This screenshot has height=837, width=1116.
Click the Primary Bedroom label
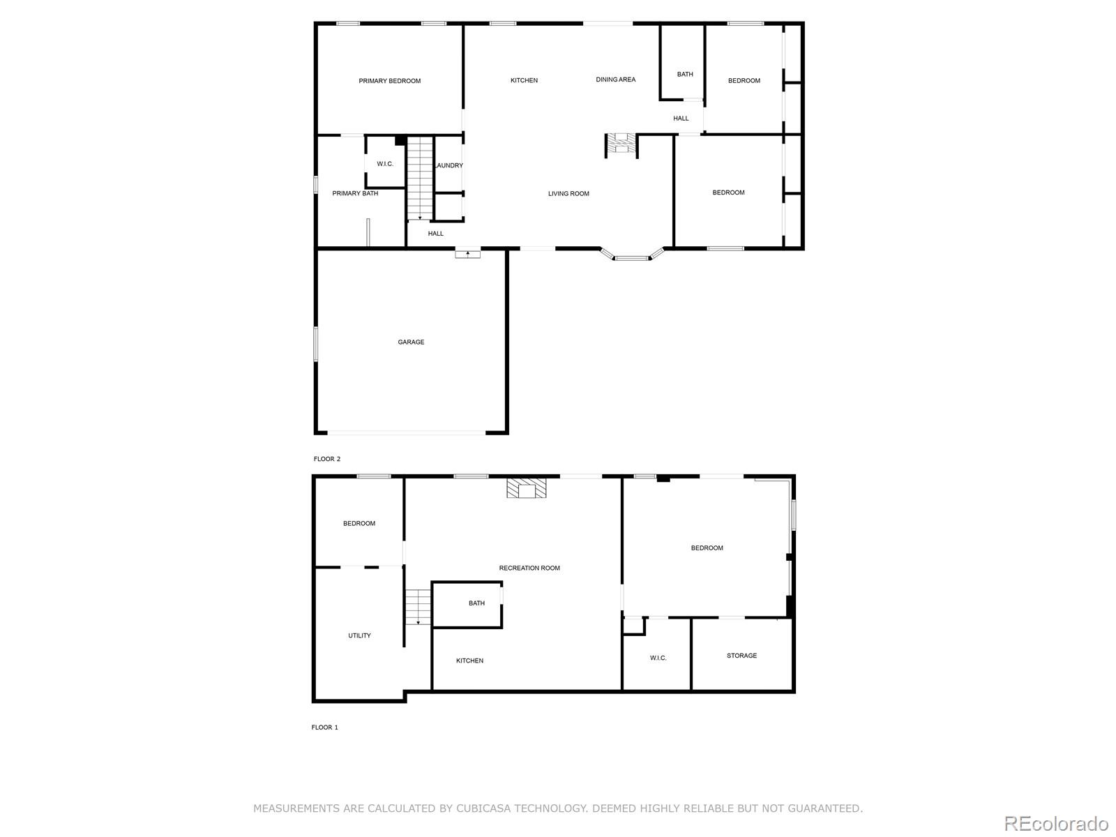(389, 81)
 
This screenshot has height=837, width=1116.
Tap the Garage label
(411, 342)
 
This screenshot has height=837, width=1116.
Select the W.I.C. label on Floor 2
(385, 164)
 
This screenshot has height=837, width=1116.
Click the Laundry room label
(448, 165)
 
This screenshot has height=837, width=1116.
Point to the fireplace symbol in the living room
(620, 144)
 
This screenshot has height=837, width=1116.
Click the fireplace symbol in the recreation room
(526, 488)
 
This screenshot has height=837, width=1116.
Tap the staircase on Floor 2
(420, 179)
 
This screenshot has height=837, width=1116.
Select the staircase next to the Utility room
(418, 606)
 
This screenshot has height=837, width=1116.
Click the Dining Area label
(615, 80)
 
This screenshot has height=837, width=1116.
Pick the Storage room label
(741, 656)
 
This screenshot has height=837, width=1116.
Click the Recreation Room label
(529, 568)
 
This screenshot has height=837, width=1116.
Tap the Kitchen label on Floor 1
(469, 661)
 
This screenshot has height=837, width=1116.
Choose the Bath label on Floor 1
(476, 603)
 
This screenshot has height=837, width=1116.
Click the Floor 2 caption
(327, 459)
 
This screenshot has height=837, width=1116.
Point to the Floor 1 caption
(324, 727)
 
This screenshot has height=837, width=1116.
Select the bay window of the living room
(631, 257)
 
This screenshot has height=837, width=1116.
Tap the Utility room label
(359, 635)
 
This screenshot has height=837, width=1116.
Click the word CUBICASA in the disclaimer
(483, 808)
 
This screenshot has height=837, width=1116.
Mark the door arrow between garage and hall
(467, 253)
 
